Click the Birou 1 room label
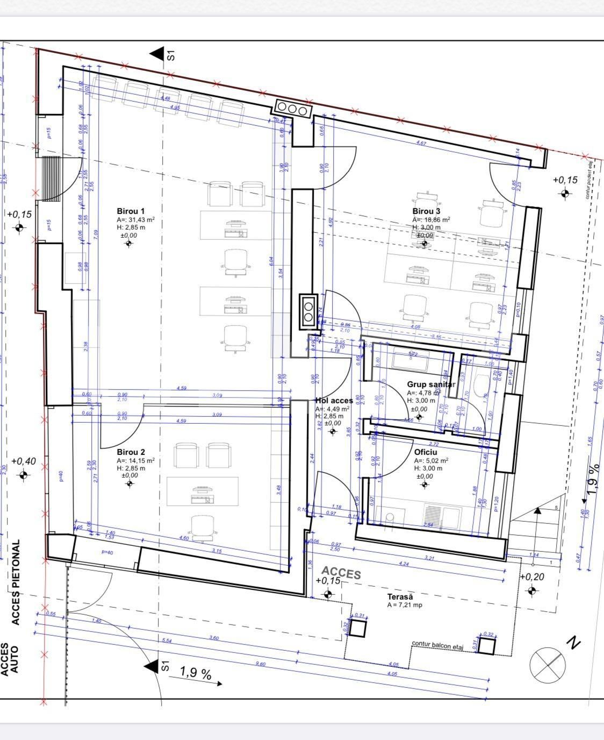point(131,211)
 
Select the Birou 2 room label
point(131,452)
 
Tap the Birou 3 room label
point(426,211)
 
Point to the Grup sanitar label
point(431,385)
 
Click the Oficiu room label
point(426,452)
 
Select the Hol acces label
point(334,401)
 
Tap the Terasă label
point(400,597)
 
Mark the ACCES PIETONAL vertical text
point(16,582)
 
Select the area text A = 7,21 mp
point(405,605)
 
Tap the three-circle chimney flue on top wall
point(292,108)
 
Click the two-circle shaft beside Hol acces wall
point(309,312)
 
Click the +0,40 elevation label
point(24,461)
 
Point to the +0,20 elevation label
point(532,577)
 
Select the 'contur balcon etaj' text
point(437,644)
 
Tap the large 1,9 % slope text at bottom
point(195,673)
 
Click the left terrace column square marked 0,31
point(358,628)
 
